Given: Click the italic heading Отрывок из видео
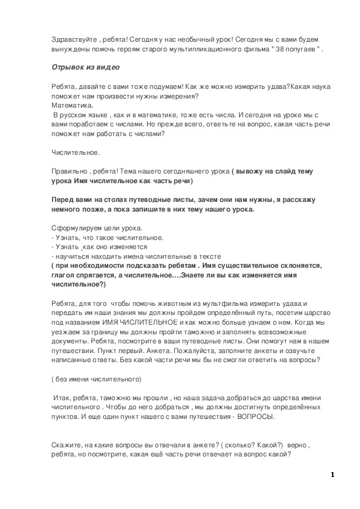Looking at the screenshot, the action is (86, 67).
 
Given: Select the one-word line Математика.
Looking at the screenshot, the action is (68, 105).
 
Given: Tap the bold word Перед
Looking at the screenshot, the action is (64, 199).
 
